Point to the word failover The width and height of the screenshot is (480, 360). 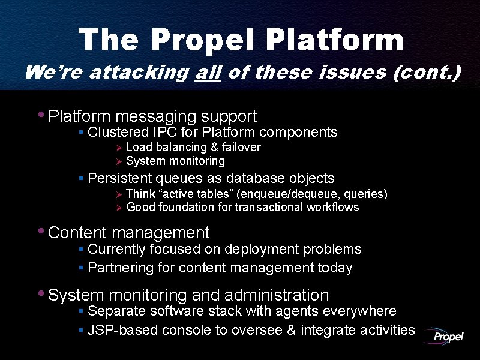coord(241,148)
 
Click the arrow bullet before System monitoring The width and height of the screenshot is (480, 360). coord(119,161)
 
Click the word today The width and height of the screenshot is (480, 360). coord(335,268)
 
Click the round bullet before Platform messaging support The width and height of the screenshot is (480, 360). coord(41,114)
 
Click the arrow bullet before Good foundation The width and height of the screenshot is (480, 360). coord(119,208)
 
